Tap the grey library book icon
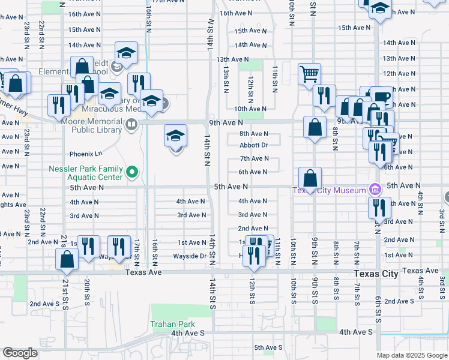[131, 125]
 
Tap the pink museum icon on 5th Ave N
[375, 190]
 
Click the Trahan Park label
[173, 324]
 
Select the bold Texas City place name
[376, 274]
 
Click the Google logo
[20, 353]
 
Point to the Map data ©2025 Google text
[411, 355]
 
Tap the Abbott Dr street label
[253, 145]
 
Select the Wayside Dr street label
[190, 256]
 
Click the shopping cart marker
[309, 74]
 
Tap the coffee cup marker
[380, 97]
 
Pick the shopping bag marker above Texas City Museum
[310, 178]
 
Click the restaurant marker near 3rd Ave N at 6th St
[378, 208]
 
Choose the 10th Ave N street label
[250, 109]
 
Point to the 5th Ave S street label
[268, 347]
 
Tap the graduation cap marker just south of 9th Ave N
[175, 135]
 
